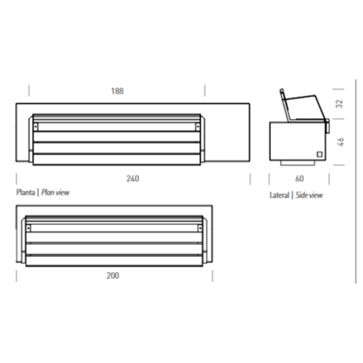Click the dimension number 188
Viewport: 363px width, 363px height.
tap(117, 91)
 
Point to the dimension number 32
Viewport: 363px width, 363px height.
tap(338, 104)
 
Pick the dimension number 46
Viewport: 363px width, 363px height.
tap(338, 141)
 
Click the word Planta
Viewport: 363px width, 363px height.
tap(25, 192)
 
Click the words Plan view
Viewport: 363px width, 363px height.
tap(56, 192)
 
